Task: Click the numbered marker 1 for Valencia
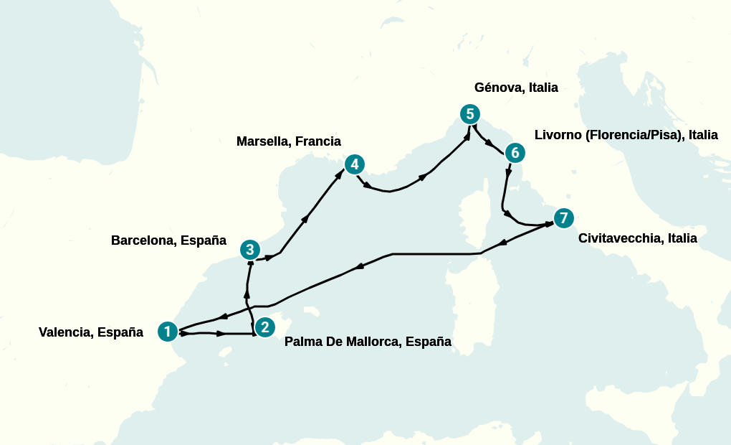click(x=167, y=331)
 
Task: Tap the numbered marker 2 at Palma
click(x=265, y=327)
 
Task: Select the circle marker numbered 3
click(x=249, y=250)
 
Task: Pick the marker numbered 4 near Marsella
click(x=354, y=164)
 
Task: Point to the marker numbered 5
click(x=469, y=113)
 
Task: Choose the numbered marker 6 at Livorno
click(x=515, y=152)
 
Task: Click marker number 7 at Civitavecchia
click(x=564, y=217)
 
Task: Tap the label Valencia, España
click(x=91, y=332)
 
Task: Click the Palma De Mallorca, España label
click(x=368, y=342)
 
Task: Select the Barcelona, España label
click(x=168, y=240)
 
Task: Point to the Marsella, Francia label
click(x=289, y=141)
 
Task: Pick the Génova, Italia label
click(x=516, y=88)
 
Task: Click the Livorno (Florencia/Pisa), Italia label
click(x=626, y=135)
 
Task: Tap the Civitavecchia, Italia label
click(x=637, y=238)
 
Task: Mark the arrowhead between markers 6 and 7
click(x=508, y=173)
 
